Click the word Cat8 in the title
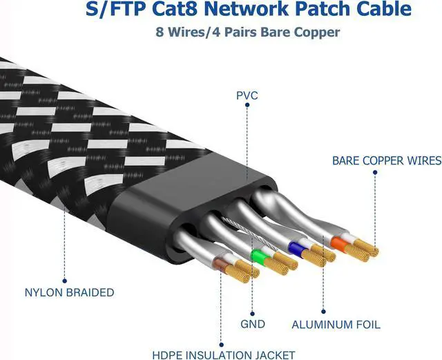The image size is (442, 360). click(x=171, y=10)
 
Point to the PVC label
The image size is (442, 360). click(x=247, y=95)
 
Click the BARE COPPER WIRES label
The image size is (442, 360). click(x=386, y=160)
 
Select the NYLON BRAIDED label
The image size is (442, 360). click(x=68, y=292)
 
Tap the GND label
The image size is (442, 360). click(x=253, y=323)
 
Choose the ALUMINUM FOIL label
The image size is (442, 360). click(x=336, y=324)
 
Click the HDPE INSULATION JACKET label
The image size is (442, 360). click(x=220, y=354)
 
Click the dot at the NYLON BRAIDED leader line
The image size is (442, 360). click(x=64, y=281)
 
